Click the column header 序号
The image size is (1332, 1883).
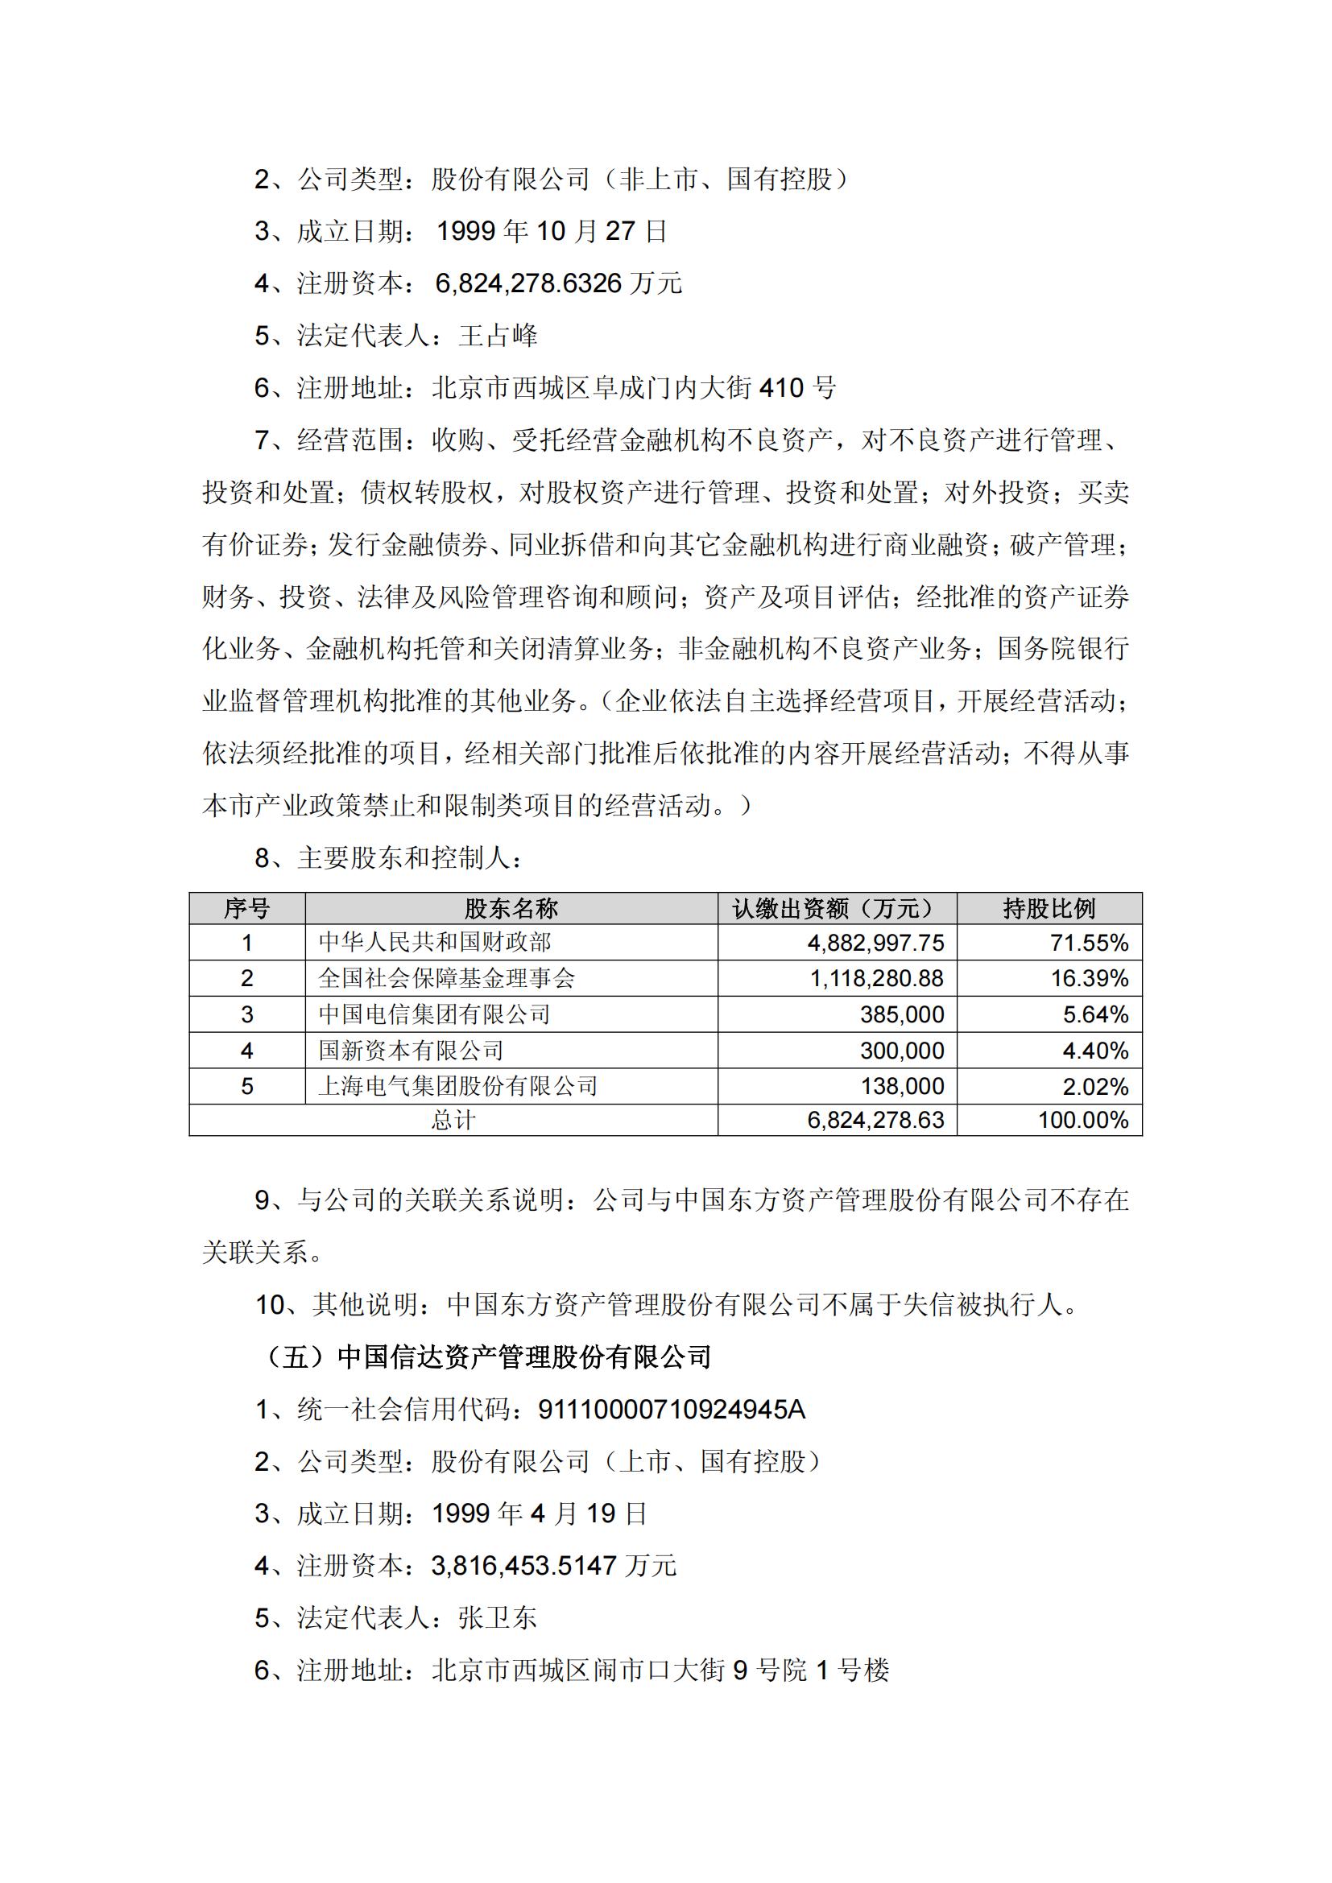(246, 908)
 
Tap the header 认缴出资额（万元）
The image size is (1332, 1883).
(837, 908)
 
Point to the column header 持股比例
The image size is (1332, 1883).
(1049, 908)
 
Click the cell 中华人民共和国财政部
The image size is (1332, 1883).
(435, 943)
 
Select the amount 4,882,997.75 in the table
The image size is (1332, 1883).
(875, 943)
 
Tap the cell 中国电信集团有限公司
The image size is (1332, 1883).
(435, 1014)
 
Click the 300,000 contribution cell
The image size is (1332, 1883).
(901, 1051)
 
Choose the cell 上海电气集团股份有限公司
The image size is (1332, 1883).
(457, 1086)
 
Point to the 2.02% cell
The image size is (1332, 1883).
(1096, 1086)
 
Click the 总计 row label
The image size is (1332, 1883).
(453, 1121)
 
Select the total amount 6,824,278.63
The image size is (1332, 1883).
(875, 1121)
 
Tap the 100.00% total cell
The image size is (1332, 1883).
(1082, 1121)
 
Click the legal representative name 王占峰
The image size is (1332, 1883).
(498, 336)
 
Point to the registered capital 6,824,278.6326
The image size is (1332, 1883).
(529, 283)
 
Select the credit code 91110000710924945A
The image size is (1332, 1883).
(671, 1410)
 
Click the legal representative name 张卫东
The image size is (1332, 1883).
(498, 1618)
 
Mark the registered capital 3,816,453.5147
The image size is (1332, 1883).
(524, 1566)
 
